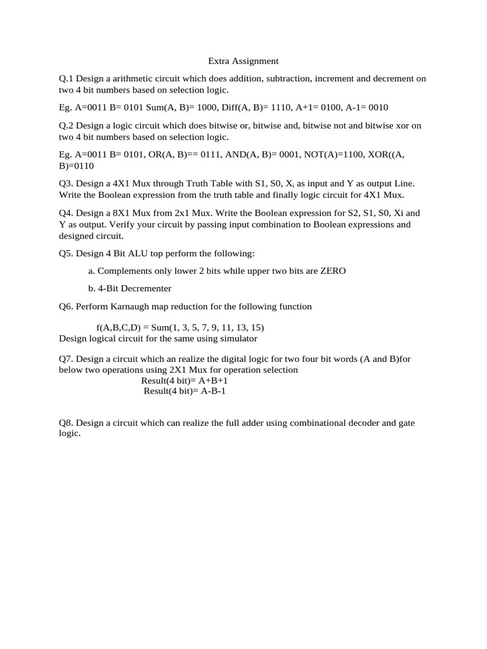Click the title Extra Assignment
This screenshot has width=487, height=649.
[243, 61]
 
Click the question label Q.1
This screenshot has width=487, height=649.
[66, 79]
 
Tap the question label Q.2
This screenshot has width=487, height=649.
[66, 125]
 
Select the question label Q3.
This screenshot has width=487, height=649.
[66, 183]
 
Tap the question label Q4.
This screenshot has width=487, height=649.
[66, 213]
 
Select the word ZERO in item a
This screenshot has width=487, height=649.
[333, 271]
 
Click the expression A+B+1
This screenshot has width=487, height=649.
[213, 380]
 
